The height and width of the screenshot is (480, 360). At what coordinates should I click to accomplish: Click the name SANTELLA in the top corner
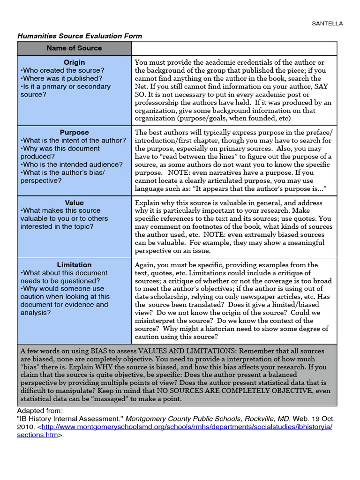click(328, 23)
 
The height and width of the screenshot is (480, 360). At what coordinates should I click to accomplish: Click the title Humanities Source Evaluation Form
click(80, 36)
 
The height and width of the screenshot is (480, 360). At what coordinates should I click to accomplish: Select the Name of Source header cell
click(74, 48)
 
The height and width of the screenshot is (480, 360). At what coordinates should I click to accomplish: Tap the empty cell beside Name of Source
click(233, 48)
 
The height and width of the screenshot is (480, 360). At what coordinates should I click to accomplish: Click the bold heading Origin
click(74, 62)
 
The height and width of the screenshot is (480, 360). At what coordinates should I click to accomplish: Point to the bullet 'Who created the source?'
click(62, 70)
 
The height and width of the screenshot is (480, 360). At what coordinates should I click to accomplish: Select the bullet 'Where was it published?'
click(61, 78)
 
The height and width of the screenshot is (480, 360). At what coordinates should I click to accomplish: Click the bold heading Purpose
click(74, 133)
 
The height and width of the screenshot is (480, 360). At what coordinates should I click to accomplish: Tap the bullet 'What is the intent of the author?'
click(73, 141)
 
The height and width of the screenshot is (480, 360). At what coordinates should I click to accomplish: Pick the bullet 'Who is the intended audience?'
click(71, 165)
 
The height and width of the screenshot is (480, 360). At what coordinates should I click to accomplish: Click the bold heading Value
click(74, 203)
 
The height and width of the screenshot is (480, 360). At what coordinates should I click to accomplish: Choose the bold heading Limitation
click(74, 265)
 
